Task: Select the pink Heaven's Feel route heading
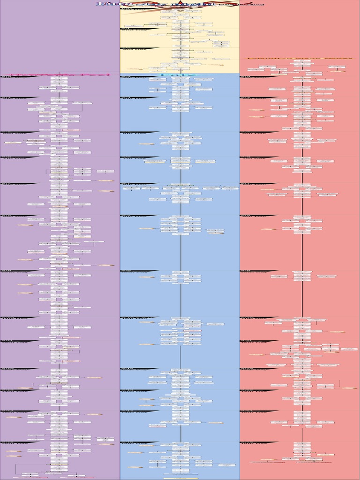coord(60,75)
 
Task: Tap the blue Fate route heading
coord(180,75)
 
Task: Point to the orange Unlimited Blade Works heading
coord(300,59)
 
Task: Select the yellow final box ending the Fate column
coord(181,478)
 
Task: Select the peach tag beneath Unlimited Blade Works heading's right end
coord(338,71)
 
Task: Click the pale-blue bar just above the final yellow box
coord(181,474)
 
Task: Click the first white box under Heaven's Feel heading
coord(59,78)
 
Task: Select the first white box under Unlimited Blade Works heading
coord(302,66)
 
